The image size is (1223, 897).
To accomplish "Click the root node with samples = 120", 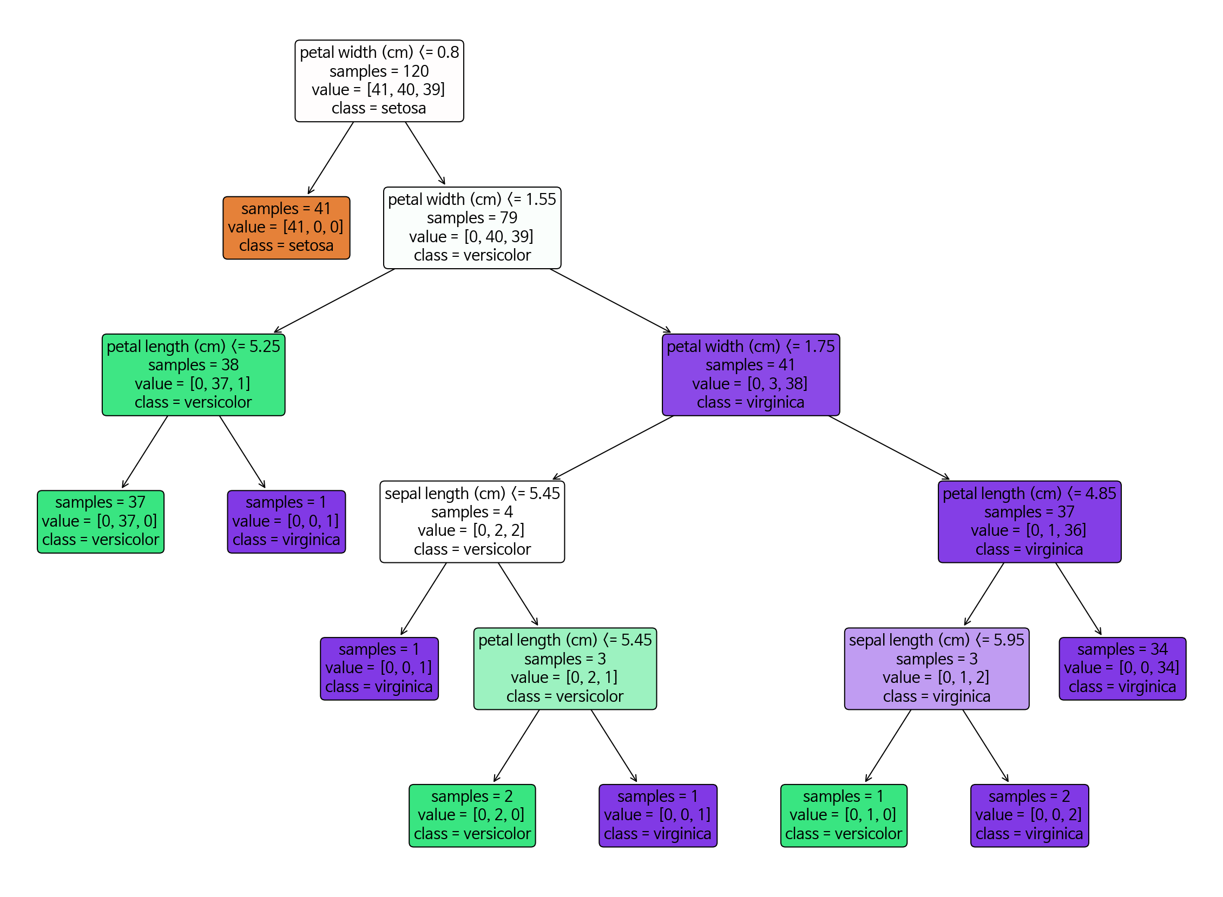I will tap(379, 81).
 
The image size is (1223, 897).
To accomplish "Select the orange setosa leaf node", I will tap(286, 228).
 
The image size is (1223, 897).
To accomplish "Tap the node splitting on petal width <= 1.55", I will tap(471, 228).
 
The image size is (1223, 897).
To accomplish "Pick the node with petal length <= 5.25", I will tap(193, 375).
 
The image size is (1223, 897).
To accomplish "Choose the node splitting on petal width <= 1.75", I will tap(751, 375).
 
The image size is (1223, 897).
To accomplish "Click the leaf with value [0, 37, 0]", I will tap(101, 521).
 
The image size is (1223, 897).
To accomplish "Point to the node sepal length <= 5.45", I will tap(471, 521).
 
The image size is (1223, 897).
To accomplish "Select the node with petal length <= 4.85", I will tap(1029, 521).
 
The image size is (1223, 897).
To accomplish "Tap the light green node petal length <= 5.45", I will tap(564, 668).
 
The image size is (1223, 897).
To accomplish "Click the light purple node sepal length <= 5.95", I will tap(936, 668).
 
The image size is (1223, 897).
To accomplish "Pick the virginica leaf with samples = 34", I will tap(1121, 668).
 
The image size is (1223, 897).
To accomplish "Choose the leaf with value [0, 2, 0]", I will tap(471, 815).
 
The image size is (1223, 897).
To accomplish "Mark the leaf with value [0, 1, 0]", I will tap(843, 815).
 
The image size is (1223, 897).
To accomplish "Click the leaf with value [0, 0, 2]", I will tap(1029, 815).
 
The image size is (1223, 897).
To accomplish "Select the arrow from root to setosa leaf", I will tap(330, 157).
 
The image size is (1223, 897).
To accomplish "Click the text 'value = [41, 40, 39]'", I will tap(378, 90).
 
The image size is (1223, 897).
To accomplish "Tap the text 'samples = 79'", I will tap(471, 218).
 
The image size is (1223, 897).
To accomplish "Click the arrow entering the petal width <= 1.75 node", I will tap(610, 301).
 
